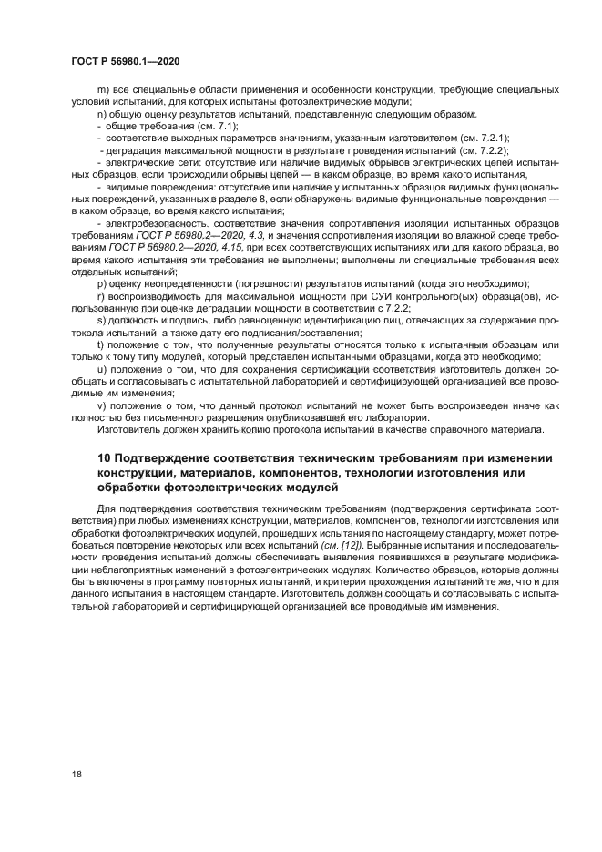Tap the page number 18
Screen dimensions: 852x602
pos(77,774)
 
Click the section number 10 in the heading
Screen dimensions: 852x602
pos(103,457)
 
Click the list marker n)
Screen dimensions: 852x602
pos(100,115)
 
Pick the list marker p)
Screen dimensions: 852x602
pos(100,284)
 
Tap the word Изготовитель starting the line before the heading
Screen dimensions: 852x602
pos(128,428)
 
